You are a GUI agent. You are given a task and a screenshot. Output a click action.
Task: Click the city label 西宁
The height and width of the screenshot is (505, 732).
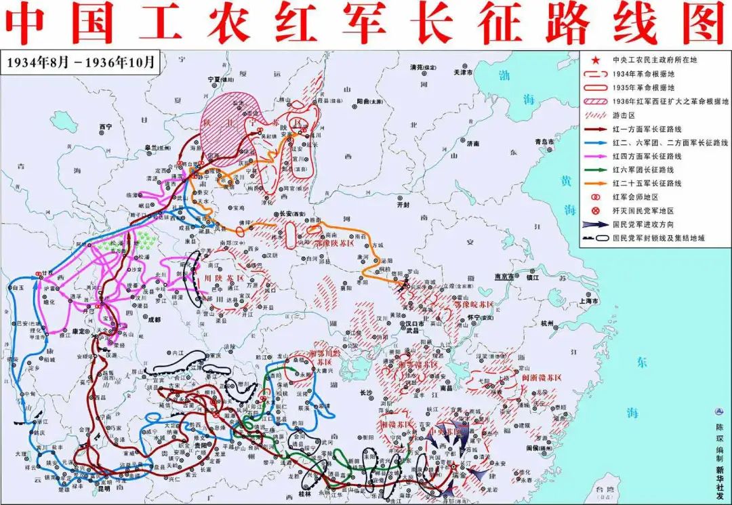pos(104,126)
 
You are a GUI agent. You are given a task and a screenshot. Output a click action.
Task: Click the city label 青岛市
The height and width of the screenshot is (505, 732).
pos(544,142)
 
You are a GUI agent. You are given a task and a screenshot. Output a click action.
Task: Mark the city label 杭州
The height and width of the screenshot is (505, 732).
pos(548,324)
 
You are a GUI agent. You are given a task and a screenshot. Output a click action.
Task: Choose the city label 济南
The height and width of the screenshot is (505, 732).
pos(472,144)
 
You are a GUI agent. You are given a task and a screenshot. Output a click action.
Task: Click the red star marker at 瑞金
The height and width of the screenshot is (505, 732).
pos(452,467)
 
